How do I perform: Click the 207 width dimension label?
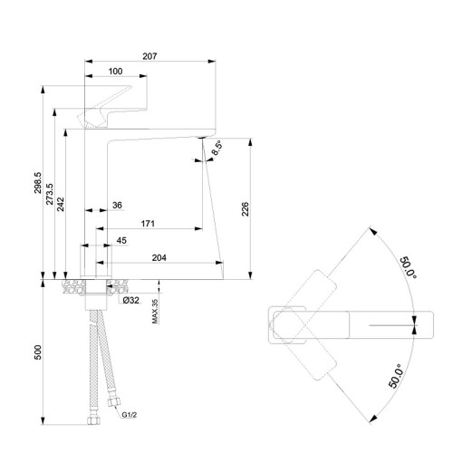point(149,56)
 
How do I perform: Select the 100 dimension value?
point(115,72)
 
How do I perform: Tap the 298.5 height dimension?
point(38,183)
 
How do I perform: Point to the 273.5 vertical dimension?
point(50,194)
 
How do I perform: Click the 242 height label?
point(61,204)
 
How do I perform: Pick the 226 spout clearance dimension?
point(246,209)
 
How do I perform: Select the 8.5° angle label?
point(217,148)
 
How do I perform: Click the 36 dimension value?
point(117,206)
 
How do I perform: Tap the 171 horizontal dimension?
point(148,224)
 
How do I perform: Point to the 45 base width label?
point(121,240)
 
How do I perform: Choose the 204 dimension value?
point(159,257)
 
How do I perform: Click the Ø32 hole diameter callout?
point(131,300)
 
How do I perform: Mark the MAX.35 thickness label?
point(155,312)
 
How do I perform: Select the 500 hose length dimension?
point(38,352)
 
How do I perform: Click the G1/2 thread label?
point(130,415)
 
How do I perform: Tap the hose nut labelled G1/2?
point(114,401)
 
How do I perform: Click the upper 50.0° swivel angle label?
point(409,268)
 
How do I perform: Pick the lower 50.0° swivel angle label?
point(396,376)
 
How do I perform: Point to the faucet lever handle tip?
point(130,87)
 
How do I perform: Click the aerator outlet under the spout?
point(201,138)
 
